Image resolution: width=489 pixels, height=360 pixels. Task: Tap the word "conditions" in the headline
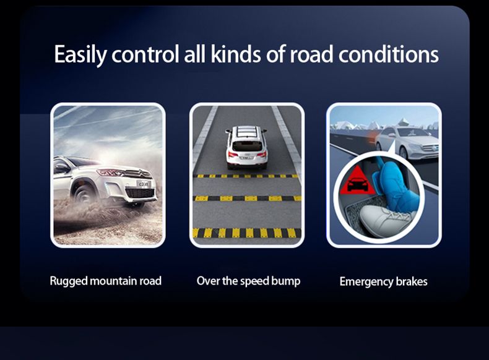[x=389, y=54]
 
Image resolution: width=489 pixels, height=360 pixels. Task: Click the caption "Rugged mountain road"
[x=106, y=281]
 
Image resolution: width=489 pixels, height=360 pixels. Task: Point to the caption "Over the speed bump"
[x=249, y=281]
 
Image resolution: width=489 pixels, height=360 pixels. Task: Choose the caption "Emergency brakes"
[x=384, y=282]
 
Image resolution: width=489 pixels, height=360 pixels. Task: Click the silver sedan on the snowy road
[x=407, y=142]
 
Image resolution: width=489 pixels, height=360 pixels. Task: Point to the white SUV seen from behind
[x=246, y=147]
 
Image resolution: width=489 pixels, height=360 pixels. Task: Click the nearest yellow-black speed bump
[x=247, y=233]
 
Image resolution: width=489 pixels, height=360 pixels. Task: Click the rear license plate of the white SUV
[x=246, y=158]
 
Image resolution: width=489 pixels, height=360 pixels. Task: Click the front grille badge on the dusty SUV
[x=139, y=173]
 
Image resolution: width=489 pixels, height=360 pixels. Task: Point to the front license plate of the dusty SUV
[x=143, y=184]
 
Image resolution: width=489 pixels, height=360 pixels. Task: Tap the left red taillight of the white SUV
[x=231, y=154]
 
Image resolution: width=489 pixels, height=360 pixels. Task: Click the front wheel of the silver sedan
[x=404, y=153]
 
